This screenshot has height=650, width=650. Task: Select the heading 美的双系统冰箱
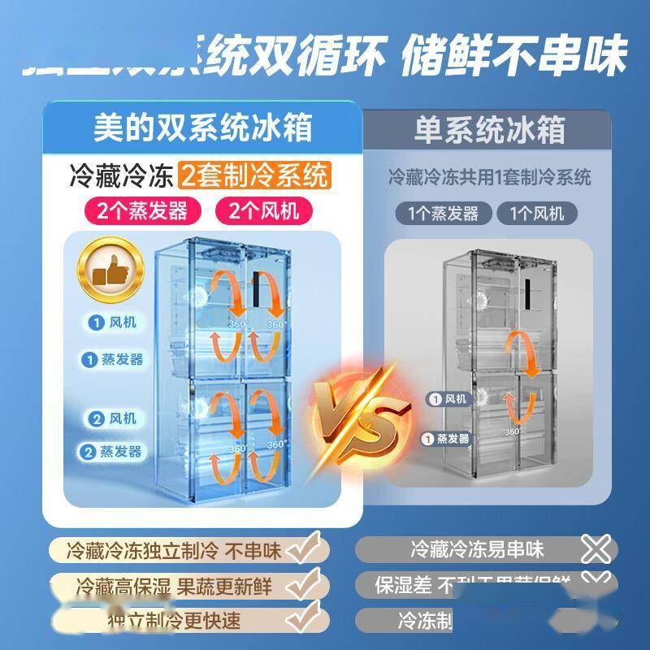(202, 128)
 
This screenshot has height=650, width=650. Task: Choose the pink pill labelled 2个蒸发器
(142, 212)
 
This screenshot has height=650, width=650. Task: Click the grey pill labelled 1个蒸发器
(448, 214)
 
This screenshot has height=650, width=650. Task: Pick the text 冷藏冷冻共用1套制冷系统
(490, 176)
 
